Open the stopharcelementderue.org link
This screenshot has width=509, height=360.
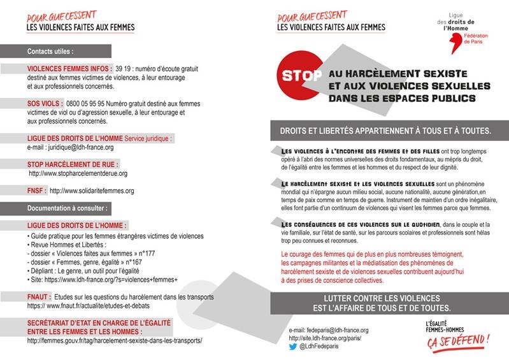point(78,173)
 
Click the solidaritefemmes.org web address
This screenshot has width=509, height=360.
point(91,191)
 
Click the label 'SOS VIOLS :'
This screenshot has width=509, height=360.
point(45,103)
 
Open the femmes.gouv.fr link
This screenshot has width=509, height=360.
point(115,341)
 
